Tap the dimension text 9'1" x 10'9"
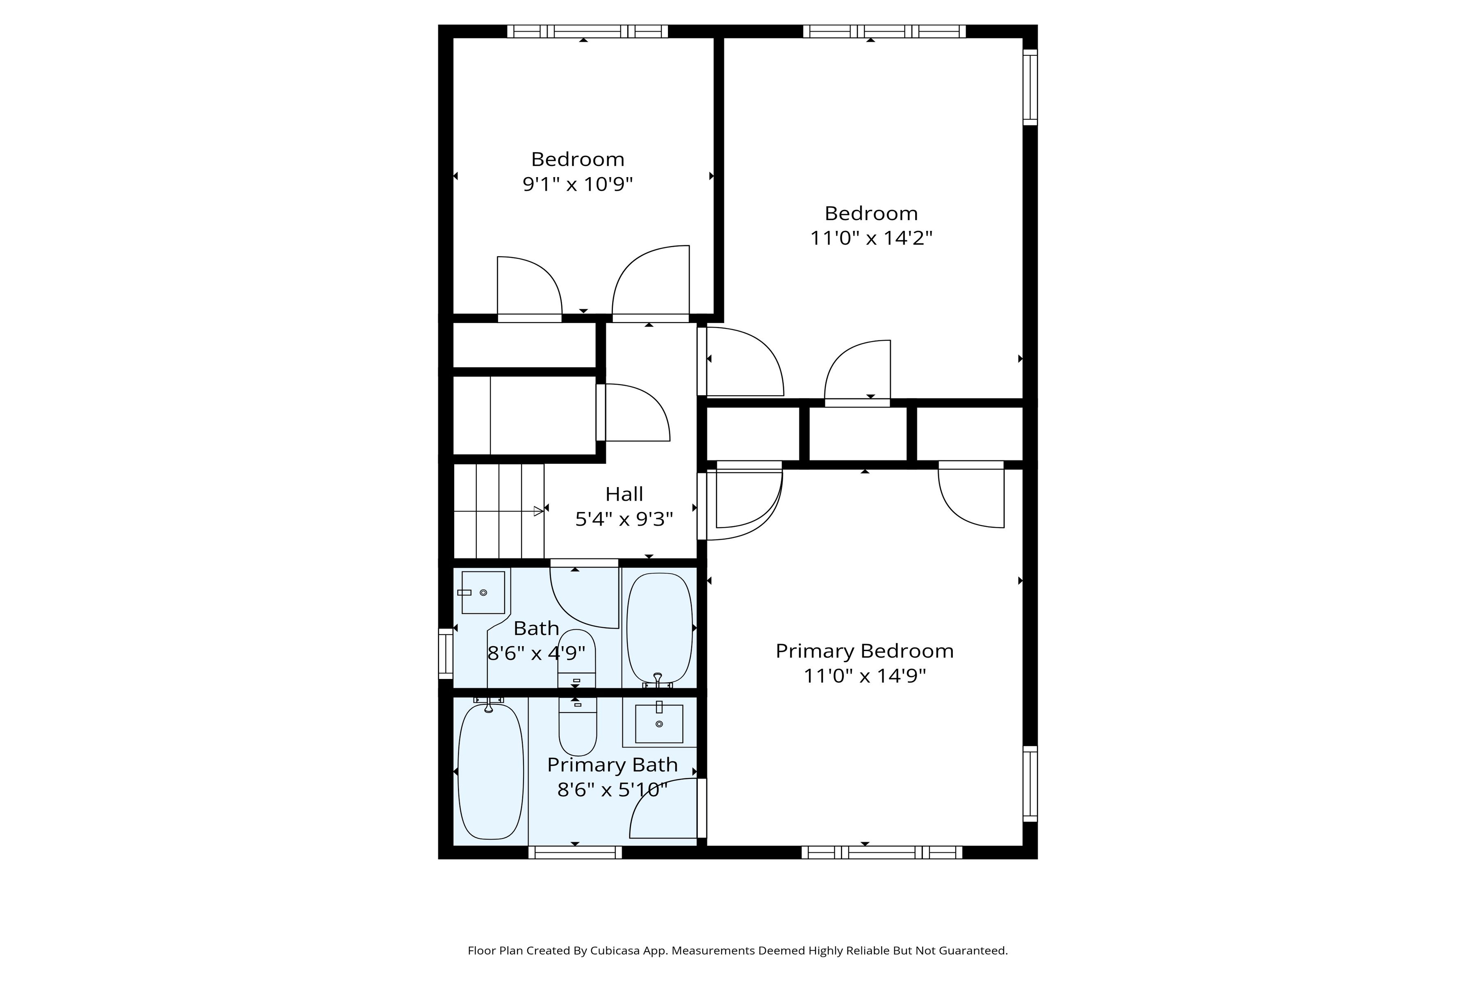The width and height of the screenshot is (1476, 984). (577, 184)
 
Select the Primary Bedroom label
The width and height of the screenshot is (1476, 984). (864, 651)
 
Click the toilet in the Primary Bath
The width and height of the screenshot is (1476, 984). (577, 728)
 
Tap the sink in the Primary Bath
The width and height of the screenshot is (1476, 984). (659, 724)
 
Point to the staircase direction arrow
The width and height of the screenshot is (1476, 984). (538, 511)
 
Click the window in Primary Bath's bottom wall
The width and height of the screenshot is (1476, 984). (575, 852)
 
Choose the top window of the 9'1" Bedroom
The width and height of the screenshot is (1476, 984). (588, 32)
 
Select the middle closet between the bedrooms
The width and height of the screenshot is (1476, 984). (858, 434)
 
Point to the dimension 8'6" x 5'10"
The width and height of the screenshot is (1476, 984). (612, 790)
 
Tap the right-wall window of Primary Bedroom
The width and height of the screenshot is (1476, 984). (1030, 783)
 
